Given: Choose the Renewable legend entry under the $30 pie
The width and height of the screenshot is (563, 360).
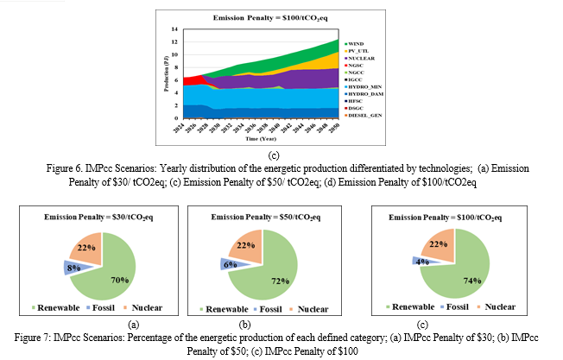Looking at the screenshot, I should click(x=61, y=307).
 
